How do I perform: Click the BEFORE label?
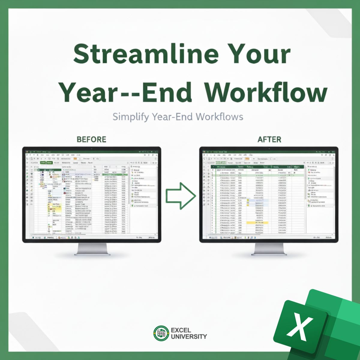pos(91,139)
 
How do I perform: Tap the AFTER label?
pos(269,139)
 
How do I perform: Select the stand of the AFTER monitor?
pos(269,249)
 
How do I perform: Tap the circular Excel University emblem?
pos(161,333)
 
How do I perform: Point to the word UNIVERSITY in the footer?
pos(189,337)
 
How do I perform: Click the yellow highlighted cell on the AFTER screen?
pos(257,223)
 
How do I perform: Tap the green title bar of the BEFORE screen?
pos(92,149)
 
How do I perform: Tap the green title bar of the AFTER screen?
pos(269,149)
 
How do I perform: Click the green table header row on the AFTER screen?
pos(258,167)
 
